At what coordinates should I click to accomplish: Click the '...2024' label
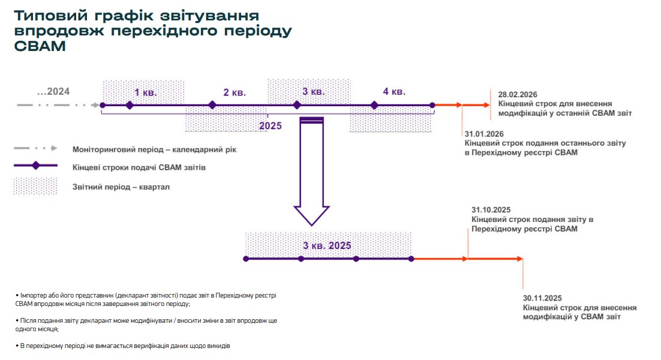point(53,92)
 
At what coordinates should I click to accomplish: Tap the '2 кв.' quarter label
point(235,92)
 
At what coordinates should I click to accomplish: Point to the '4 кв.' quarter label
point(394,92)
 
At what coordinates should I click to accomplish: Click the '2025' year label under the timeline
point(270,126)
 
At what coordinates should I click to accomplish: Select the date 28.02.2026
point(517,95)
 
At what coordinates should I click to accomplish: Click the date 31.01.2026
point(483,134)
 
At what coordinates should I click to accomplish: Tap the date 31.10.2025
point(491,210)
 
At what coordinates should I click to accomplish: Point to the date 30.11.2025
point(542,298)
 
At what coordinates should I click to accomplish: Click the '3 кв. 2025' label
point(327,246)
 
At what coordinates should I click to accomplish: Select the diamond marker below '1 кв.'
point(130,105)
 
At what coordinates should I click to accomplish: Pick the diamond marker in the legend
point(35,166)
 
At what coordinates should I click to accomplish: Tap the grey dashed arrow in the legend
point(35,148)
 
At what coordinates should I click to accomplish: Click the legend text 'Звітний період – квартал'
point(121,187)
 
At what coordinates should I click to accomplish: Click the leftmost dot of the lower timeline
point(246,259)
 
